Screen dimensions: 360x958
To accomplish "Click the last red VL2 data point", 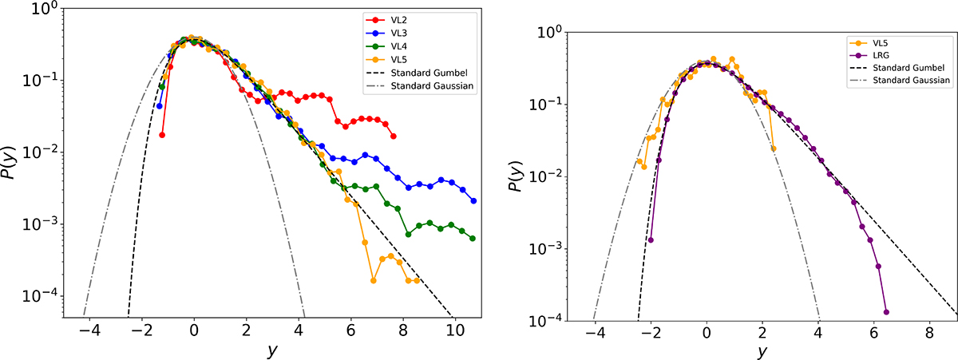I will click(x=393, y=136).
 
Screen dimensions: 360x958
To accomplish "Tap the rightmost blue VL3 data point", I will click(x=473, y=201).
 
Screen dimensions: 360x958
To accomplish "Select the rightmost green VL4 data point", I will click(x=473, y=239).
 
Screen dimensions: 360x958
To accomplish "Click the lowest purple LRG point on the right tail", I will click(x=887, y=312).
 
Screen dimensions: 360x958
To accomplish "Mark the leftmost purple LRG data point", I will click(x=651, y=240).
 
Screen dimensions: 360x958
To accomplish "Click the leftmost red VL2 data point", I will click(x=162, y=135).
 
